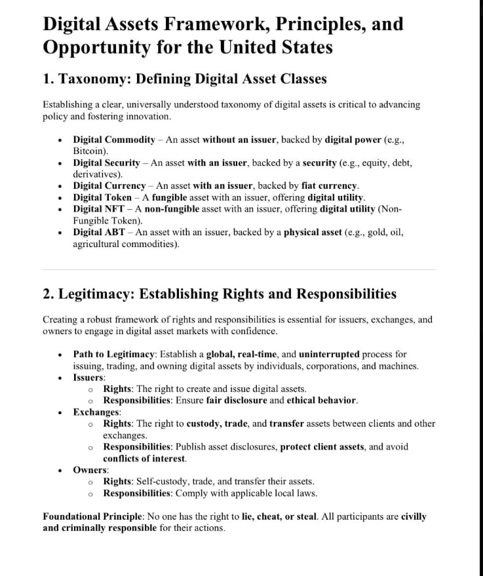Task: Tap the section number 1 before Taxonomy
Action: click(47, 79)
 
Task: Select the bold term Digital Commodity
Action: click(113, 140)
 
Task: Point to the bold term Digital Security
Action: click(106, 163)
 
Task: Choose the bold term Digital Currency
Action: click(109, 185)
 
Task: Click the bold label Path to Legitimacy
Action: click(114, 354)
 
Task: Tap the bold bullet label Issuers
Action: click(88, 377)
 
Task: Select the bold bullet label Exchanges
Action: click(96, 412)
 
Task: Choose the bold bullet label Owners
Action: click(90, 470)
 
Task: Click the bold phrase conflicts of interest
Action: click(144, 458)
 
